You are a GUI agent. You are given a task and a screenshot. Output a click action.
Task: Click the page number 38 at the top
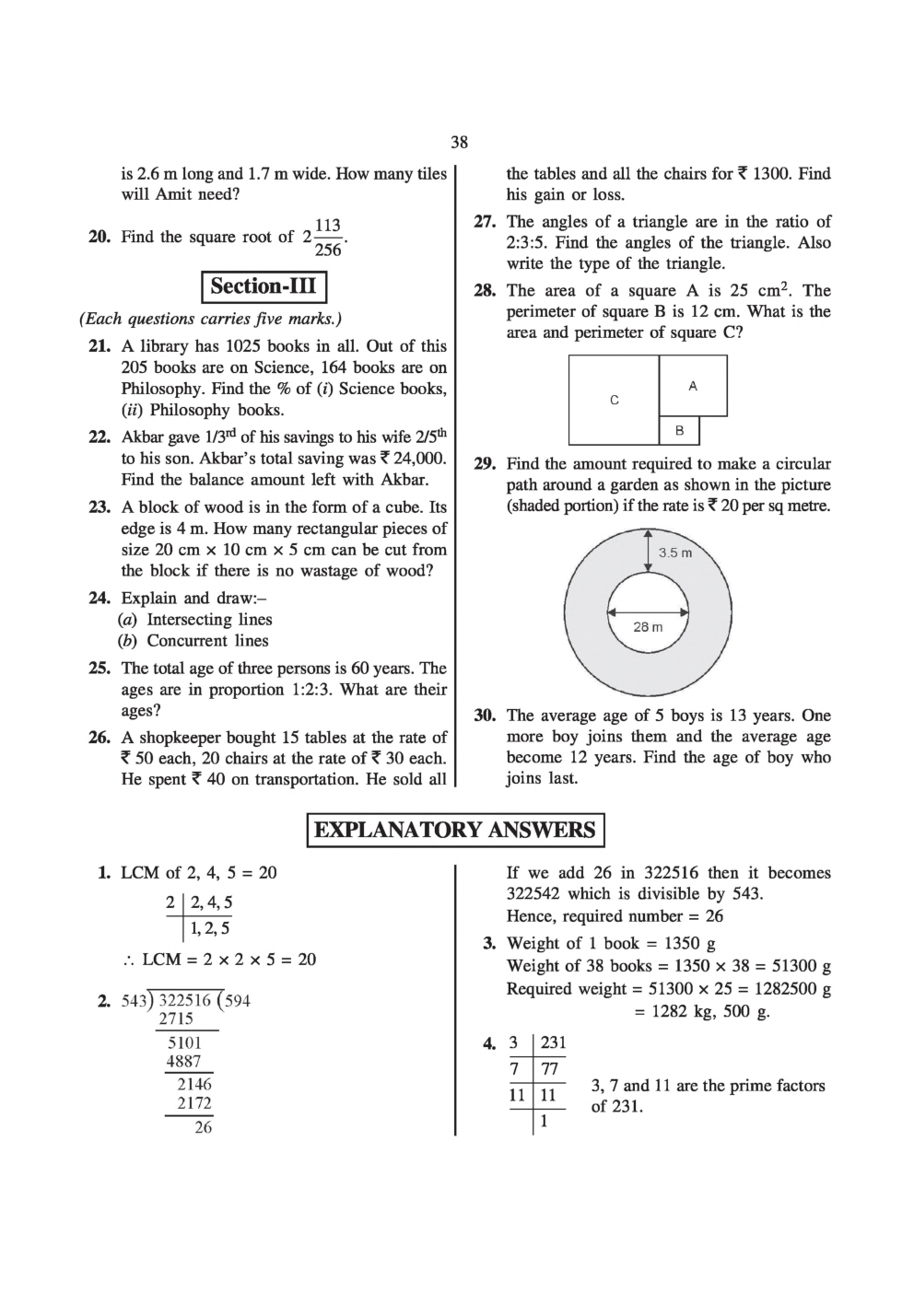pos(459,142)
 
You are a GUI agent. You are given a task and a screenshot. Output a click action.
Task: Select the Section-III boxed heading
pos(264,286)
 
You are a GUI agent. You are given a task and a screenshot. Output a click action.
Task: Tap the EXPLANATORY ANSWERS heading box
pos(455,830)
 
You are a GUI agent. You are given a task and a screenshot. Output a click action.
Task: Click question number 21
pos(100,346)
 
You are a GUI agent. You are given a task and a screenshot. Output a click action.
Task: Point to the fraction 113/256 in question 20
pos(328,238)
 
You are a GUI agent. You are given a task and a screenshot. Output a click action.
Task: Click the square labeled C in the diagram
pos(615,401)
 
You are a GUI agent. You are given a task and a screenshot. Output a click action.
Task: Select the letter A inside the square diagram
pos(693,386)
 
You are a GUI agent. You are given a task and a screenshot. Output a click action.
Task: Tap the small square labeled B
pos(680,430)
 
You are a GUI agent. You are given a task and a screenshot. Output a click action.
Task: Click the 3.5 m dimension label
pos(674,553)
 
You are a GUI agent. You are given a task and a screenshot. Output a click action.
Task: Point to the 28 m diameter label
pos(648,626)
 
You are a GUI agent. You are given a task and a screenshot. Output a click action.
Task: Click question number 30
pos(485,716)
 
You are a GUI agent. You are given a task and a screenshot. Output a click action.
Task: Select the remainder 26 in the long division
pos(203,1127)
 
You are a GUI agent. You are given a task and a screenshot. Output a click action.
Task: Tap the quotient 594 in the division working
pos(237,1001)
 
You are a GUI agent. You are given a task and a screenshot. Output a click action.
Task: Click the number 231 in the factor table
pos(553,1042)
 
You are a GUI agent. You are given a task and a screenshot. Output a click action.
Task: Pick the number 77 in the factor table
pos(550,1069)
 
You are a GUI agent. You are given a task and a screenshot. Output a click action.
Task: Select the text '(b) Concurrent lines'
pos(193,641)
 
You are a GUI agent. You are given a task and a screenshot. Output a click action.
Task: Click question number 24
pos(100,598)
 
